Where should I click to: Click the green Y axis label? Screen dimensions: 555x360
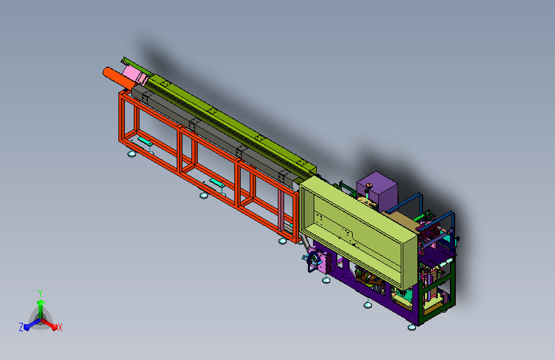[40, 293]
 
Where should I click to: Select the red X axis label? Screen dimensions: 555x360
[60, 328]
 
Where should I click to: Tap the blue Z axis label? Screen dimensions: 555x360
[21, 327]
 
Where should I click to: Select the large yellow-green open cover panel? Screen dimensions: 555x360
[357, 232]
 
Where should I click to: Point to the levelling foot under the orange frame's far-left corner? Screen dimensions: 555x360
[132, 154]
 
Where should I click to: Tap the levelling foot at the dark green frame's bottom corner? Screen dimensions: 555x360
[412, 327]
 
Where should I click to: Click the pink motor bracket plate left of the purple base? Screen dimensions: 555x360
[318, 261]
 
